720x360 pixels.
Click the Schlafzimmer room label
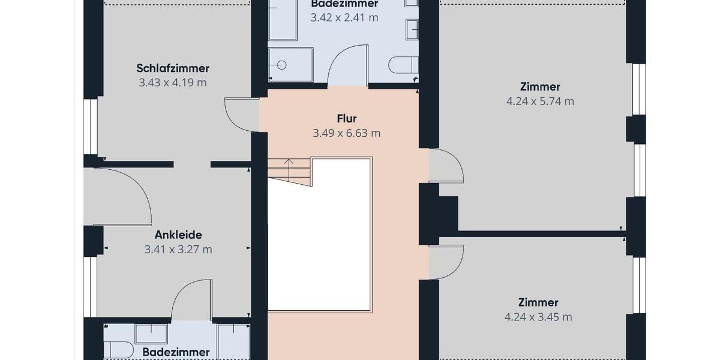click(x=173, y=68)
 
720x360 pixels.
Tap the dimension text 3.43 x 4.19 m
click(x=173, y=83)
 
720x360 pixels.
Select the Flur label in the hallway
click(x=347, y=118)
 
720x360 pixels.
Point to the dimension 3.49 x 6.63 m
click(x=347, y=133)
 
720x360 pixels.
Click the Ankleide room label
click(x=178, y=235)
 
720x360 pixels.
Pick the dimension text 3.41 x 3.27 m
click(x=178, y=249)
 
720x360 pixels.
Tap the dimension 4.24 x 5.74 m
click(x=540, y=101)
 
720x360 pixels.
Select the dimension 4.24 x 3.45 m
click(x=538, y=317)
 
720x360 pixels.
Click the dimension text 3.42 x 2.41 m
click(x=344, y=17)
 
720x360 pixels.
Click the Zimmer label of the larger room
click(x=540, y=87)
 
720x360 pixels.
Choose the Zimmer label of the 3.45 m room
click(x=538, y=302)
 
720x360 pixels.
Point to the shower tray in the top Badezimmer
click(x=290, y=64)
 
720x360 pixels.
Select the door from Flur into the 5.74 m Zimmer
click(x=445, y=166)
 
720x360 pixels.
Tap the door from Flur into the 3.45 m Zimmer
click(x=445, y=263)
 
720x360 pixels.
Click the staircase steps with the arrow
click(x=289, y=171)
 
